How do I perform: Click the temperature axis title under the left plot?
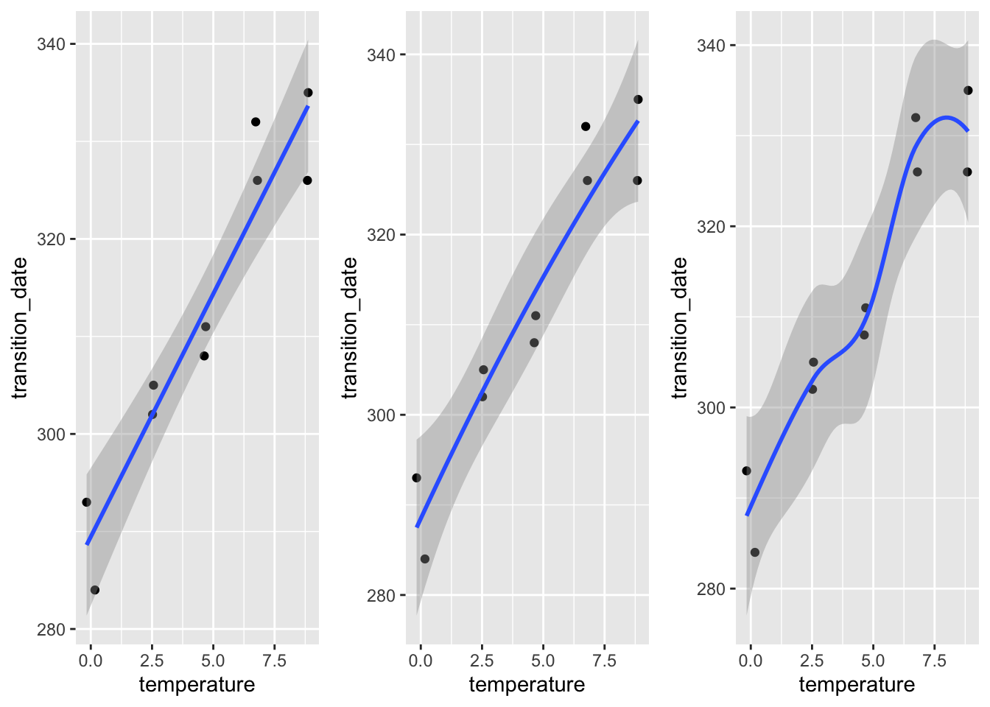pyautogui.click(x=197, y=685)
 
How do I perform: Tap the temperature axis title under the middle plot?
pyautogui.click(x=527, y=685)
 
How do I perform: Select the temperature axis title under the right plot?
pyautogui.click(x=857, y=685)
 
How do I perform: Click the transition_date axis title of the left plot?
pyautogui.click(x=20, y=328)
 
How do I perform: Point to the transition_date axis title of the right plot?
pyautogui.click(x=680, y=328)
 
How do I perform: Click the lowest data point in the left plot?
pyautogui.click(x=95, y=590)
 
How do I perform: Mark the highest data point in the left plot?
pyautogui.click(x=308, y=93)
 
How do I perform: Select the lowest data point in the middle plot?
pyautogui.click(x=425, y=559)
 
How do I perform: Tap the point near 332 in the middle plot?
pyautogui.click(x=586, y=127)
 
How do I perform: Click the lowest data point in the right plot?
pyautogui.click(x=755, y=552)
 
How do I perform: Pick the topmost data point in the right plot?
pyautogui.click(x=968, y=91)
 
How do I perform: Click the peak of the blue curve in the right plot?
pyautogui.click(x=945, y=117)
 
